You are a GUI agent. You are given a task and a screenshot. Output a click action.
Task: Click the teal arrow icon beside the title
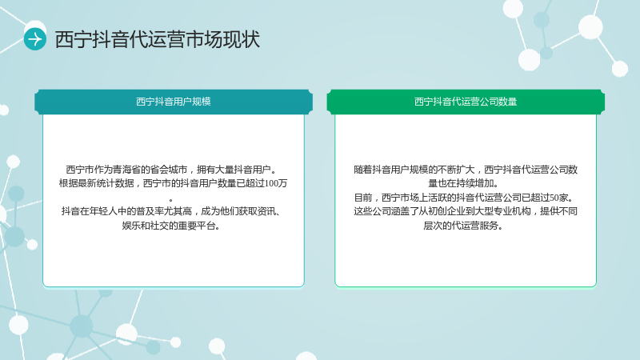click(34, 39)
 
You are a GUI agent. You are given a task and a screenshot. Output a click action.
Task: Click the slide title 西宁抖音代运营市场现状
click(157, 39)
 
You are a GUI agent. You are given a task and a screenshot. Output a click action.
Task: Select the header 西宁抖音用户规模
click(173, 102)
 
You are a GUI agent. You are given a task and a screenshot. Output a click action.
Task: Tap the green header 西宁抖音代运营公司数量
click(466, 102)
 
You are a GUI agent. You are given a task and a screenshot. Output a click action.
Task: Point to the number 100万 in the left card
click(276, 183)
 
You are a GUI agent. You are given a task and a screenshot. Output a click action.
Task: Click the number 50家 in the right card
click(558, 198)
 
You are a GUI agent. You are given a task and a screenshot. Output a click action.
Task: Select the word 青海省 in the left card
click(126, 170)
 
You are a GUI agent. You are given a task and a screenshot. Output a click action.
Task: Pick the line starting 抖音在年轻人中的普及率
click(170, 211)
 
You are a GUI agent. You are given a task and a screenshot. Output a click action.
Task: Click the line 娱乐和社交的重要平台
click(170, 226)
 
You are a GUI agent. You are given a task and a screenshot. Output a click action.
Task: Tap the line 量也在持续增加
click(463, 183)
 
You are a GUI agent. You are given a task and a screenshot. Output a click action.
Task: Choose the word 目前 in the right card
click(363, 198)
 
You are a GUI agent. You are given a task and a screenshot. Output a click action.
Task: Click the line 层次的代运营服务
click(463, 226)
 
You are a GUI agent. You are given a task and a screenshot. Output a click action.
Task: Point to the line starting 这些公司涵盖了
click(466, 211)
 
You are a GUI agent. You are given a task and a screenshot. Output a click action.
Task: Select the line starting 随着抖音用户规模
click(466, 170)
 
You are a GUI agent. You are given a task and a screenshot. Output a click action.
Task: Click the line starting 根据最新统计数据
click(173, 183)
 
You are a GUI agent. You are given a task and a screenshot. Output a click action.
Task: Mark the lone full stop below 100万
click(170, 200)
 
